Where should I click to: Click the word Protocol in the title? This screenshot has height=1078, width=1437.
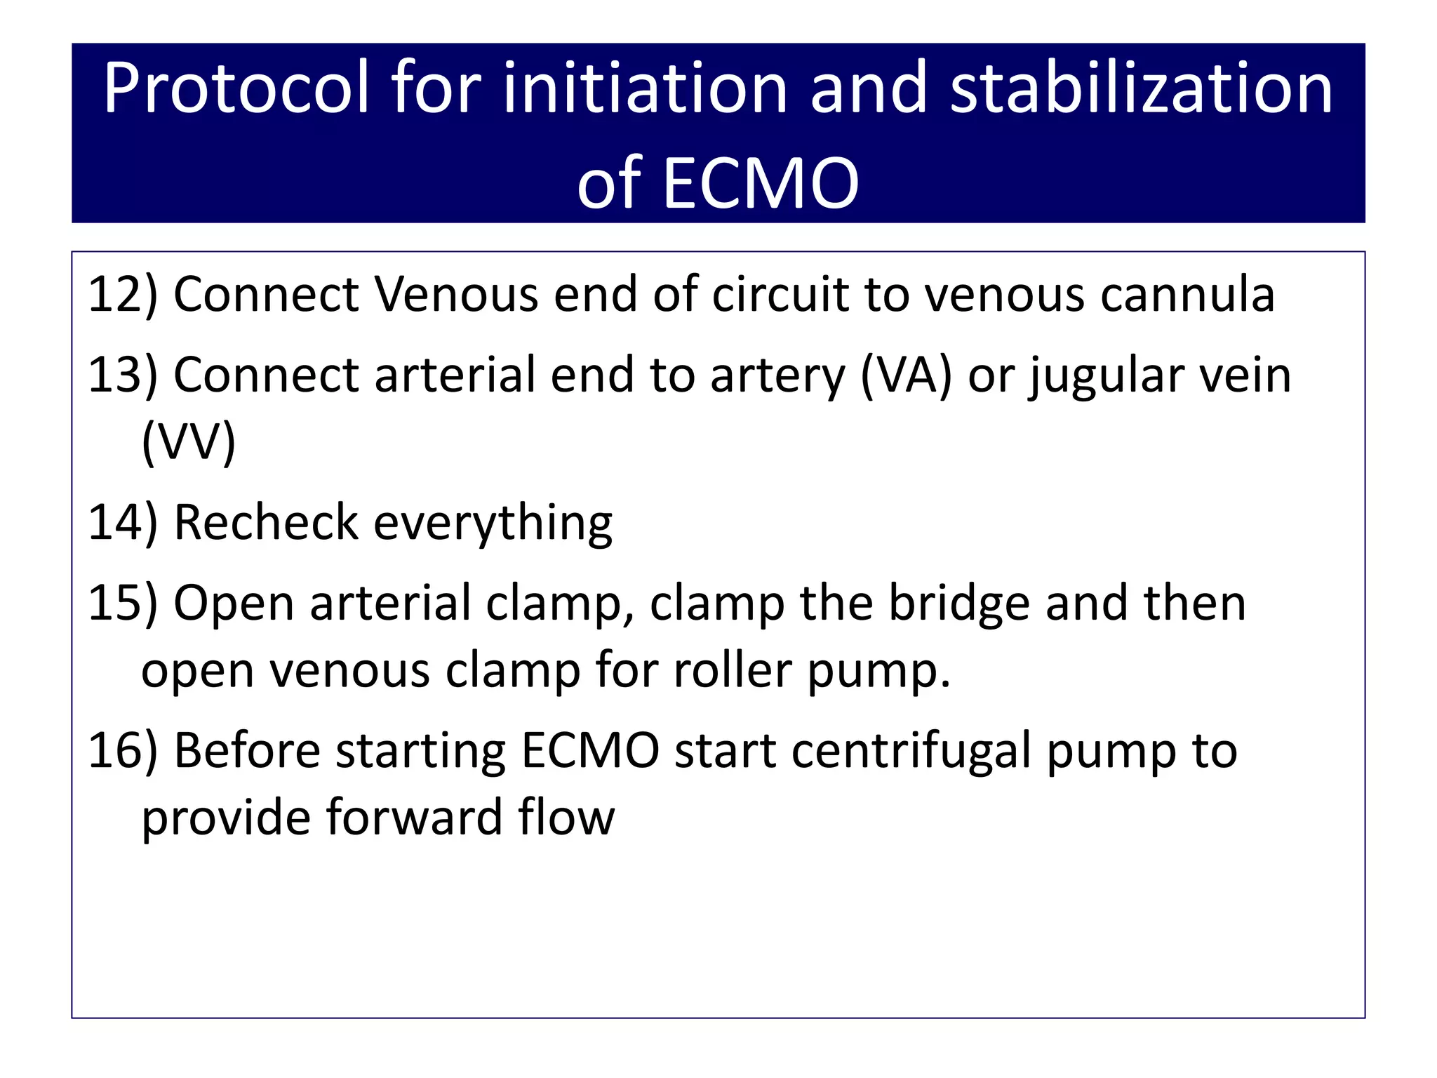pos(236,89)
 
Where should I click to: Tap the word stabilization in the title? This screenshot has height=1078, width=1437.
pos(1141,89)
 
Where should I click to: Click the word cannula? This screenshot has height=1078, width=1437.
pos(1187,295)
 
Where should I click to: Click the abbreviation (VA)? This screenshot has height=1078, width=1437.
pos(906,375)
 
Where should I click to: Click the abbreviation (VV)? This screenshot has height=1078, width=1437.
pos(188,441)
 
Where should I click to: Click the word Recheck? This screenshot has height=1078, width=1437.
pos(266,523)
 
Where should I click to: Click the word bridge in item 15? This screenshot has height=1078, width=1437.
pos(959,604)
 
